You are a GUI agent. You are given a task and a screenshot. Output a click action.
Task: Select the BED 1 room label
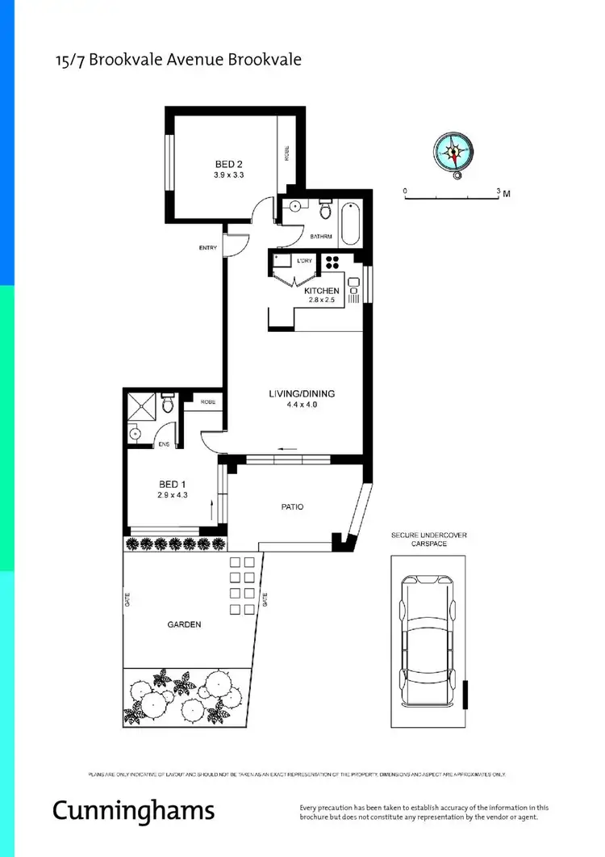[x=172, y=486]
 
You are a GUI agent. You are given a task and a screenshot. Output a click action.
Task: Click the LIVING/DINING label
[x=302, y=394]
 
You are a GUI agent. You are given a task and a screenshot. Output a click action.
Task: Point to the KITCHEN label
[x=322, y=291]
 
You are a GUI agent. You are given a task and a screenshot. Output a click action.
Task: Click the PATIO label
[x=292, y=507]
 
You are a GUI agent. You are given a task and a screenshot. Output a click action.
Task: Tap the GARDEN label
[x=185, y=624]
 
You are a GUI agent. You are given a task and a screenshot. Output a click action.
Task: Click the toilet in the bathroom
[x=325, y=211]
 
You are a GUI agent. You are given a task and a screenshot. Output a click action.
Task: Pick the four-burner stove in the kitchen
[x=332, y=263]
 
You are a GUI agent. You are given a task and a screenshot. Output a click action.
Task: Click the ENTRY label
[x=208, y=248]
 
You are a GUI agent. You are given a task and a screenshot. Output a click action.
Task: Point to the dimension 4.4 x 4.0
[x=302, y=405]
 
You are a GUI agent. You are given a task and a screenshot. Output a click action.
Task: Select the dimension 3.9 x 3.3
[x=228, y=175]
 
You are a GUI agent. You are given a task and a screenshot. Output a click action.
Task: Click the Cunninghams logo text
[x=133, y=810]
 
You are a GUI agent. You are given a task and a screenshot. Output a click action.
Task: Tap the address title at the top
[x=177, y=60]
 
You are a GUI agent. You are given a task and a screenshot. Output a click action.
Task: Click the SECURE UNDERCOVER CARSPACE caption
[x=428, y=540]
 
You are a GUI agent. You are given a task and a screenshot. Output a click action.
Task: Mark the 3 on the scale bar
[x=498, y=190]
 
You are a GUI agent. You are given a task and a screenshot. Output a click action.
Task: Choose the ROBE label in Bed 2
[x=286, y=153]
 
